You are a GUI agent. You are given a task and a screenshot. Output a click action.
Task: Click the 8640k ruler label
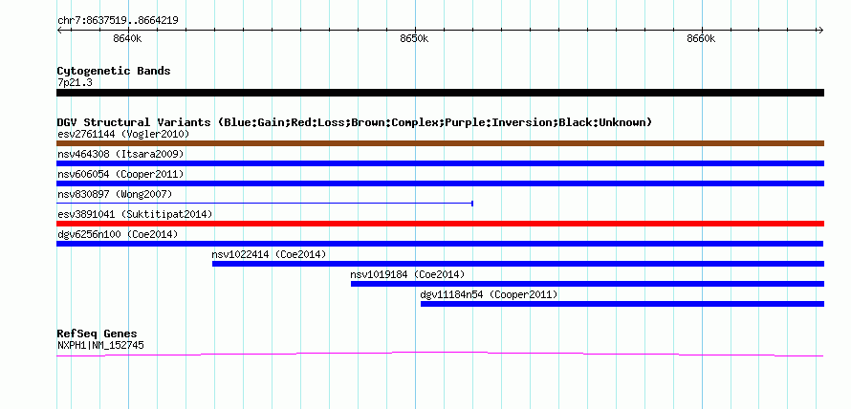pyautogui.click(x=127, y=38)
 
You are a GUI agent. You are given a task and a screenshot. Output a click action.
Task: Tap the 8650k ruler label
pyautogui.click(x=414, y=38)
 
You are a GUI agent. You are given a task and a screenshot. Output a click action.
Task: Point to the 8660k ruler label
pyautogui.click(x=701, y=38)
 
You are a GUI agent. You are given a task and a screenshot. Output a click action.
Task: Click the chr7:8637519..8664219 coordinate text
pyautogui.click(x=118, y=21)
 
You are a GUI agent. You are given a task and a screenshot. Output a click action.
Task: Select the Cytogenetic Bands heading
pyautogui.click(x=114, y=71)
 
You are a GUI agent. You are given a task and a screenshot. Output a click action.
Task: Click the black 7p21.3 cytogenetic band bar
pyautogui.click(x=440, y=93)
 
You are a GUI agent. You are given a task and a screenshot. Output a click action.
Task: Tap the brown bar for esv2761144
pyautogui.click(x=440, y=143)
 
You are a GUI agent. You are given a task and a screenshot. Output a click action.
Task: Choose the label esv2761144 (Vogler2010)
pyautogui.click(x=123, y=134)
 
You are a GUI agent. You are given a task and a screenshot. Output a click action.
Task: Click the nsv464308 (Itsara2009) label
pyautogui.click(x=120, y=154)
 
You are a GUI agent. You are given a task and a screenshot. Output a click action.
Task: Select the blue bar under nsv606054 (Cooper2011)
pyautogui.click(x=440, y=183)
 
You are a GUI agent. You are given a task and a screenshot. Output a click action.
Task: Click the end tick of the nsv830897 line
pyautogui.click(x=472, y=204)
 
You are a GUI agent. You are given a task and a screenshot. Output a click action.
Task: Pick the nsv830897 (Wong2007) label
pyautogui.click(x=115, y=194)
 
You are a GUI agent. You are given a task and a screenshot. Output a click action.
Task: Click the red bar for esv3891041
pyautogui.click(x=440, y=224)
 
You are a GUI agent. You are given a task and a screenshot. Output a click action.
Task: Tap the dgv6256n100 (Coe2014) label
pyautogui.click(x=118, y=234)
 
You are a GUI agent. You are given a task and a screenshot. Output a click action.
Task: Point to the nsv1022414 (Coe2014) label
pyautogui.click(x=270, y=254)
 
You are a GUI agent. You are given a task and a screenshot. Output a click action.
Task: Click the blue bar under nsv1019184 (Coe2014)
pyautogui.click(x=588, y=284)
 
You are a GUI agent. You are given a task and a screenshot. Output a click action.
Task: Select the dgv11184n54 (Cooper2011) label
pyautogui.click(x=489, y=294)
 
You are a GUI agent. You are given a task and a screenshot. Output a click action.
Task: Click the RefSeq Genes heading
pyautogui.click(x=97, y=334)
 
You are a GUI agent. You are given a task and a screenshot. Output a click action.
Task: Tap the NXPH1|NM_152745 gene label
pyautogui.click(x=100, y=346)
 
